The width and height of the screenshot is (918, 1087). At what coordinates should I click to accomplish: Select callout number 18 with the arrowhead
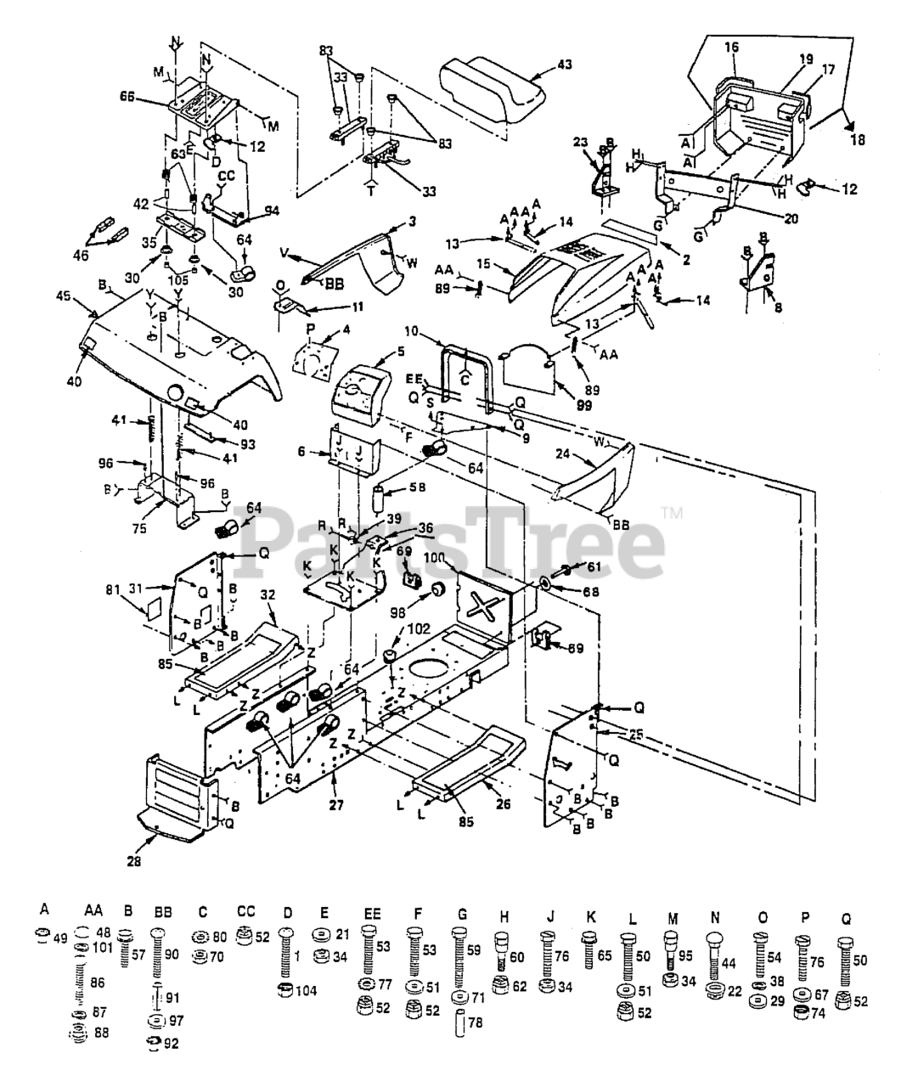[857, 139]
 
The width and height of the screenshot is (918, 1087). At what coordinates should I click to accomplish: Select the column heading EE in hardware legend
[372, 914]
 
